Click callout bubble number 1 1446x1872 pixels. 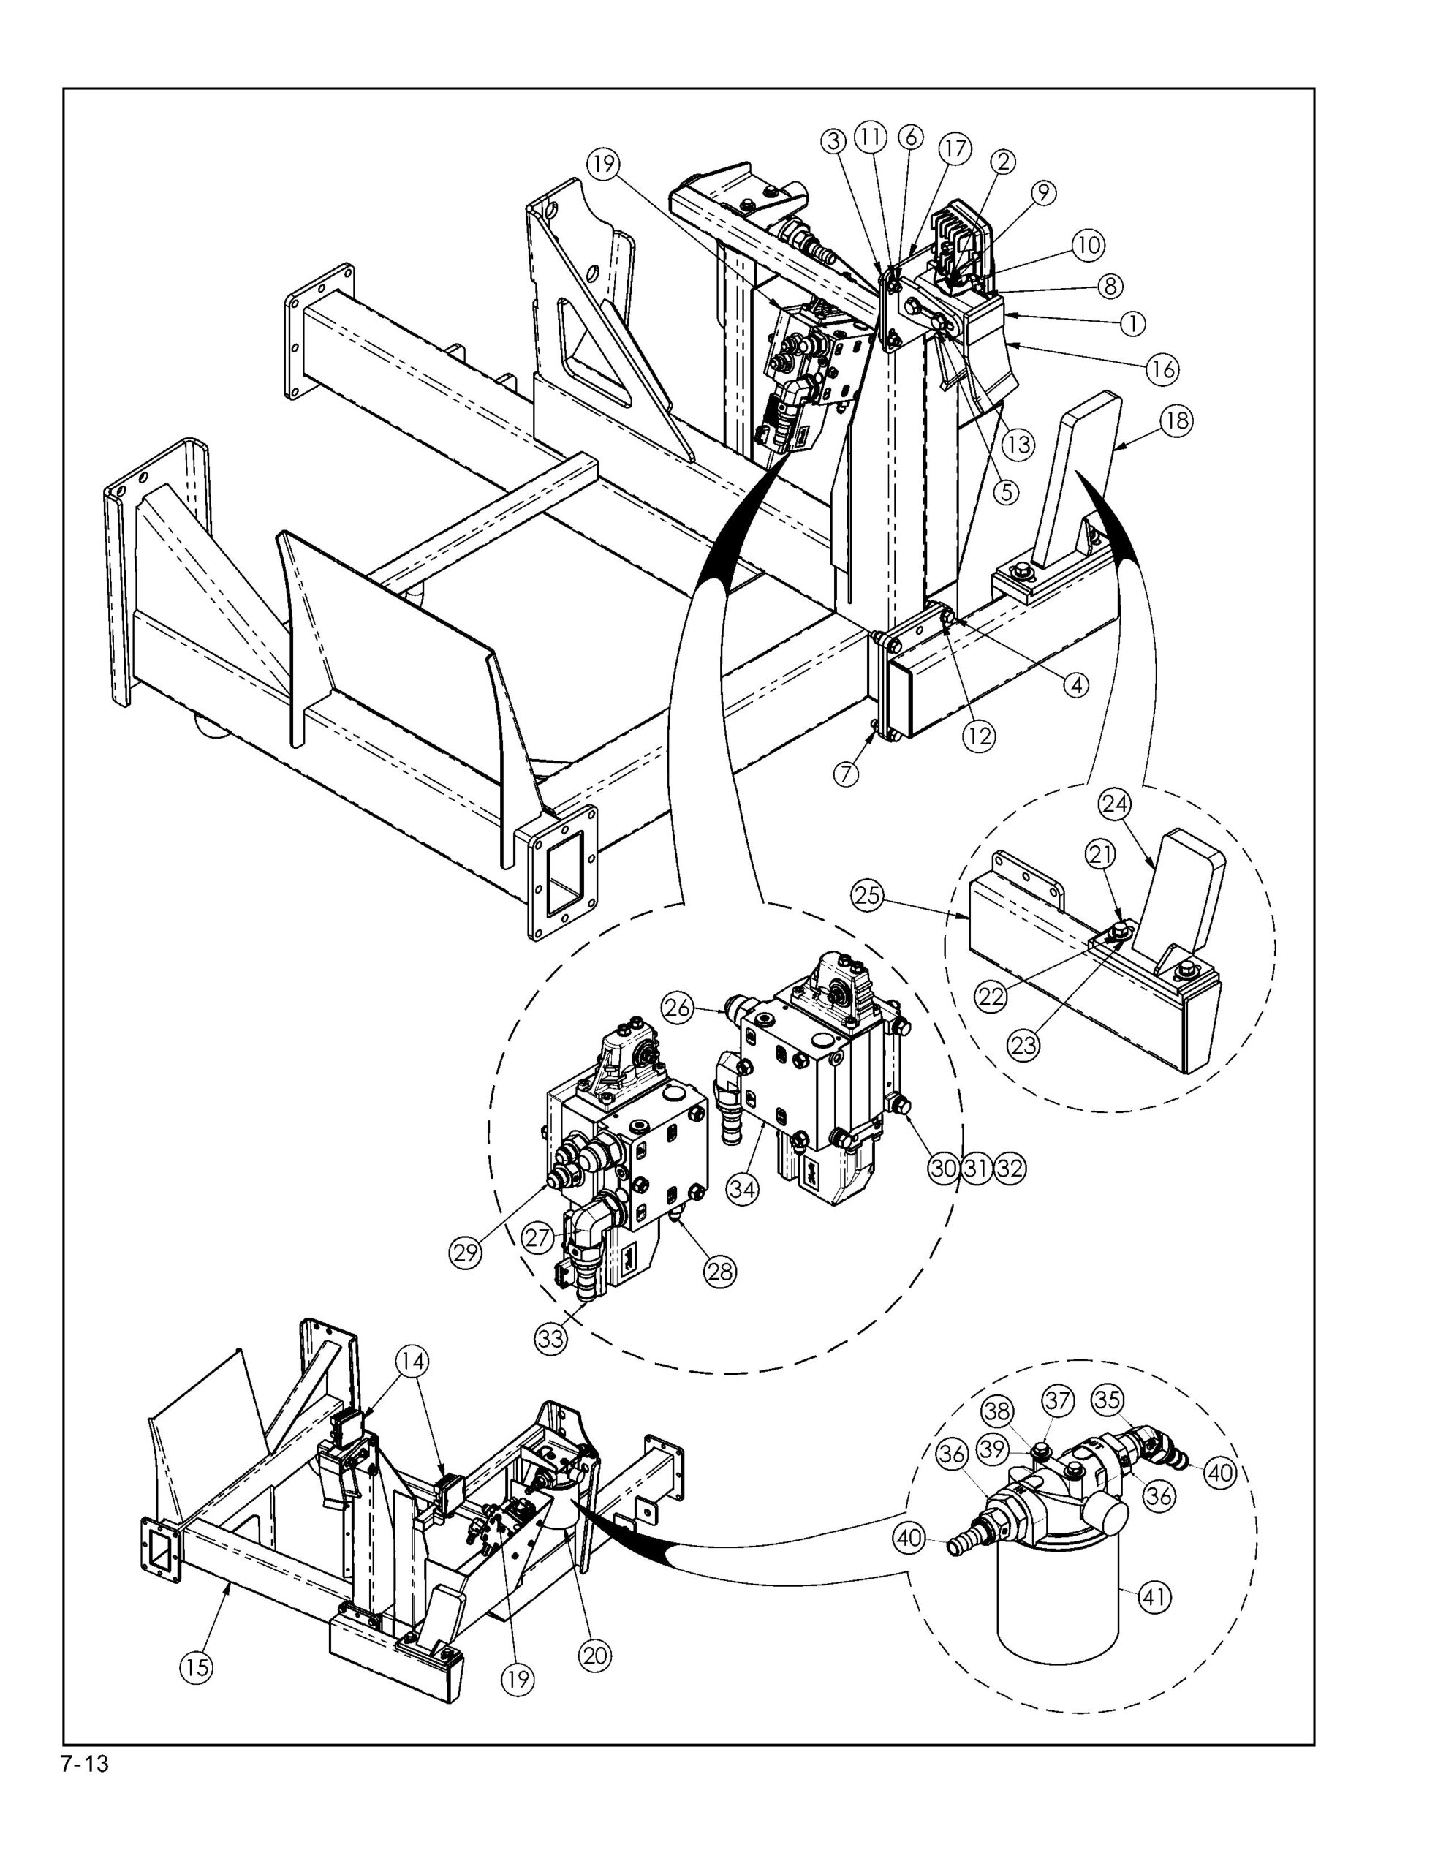(1132, 323)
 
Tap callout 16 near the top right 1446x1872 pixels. (1163, 369)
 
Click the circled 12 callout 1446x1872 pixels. (980, 735)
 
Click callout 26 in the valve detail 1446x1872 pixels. (677, 1008)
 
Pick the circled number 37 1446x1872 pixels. (1059, 1400)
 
